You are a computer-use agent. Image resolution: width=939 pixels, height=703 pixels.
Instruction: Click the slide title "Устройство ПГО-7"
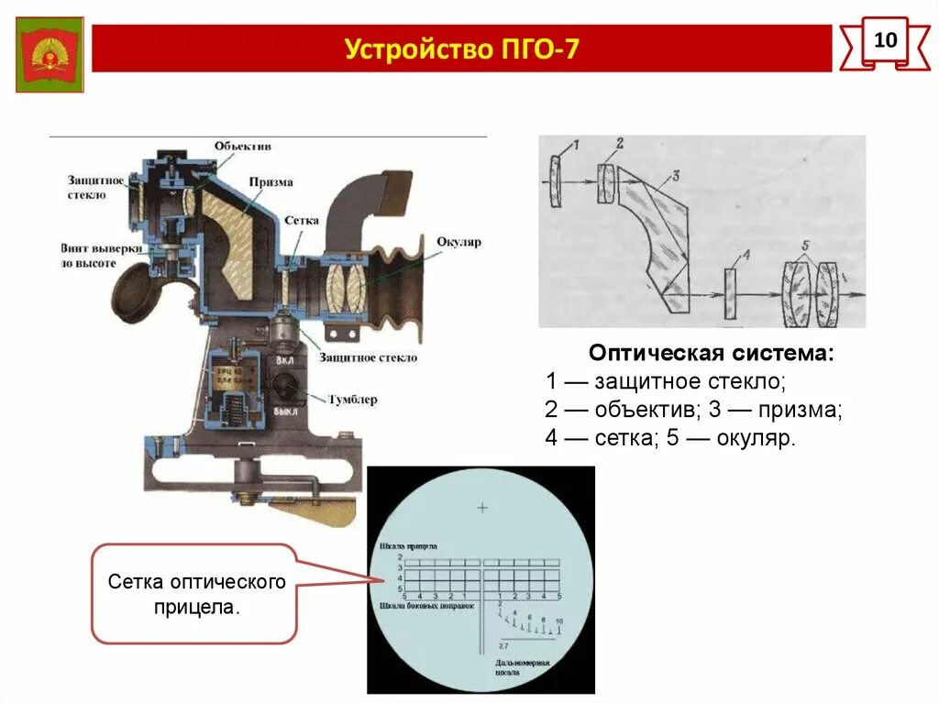(x=462, y=49)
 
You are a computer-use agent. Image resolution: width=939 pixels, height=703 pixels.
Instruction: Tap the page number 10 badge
(x=885, y=42)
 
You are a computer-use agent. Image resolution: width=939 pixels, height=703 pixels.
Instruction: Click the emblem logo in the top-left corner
(x=50, y=55)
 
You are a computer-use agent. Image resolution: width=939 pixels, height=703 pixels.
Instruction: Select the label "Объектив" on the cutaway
(x=243, y=146)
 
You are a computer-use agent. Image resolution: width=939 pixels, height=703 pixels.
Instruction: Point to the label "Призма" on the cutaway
(x=271, y=181)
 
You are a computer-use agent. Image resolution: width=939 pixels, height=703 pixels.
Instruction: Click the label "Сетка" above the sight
(x=301, y=221)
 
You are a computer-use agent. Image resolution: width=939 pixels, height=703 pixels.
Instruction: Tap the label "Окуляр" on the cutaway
(x=458, y=242)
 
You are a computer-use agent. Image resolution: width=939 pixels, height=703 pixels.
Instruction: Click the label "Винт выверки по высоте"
(x=89, y=255)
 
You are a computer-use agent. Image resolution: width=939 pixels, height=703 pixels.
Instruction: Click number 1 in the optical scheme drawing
(x=576, y=144)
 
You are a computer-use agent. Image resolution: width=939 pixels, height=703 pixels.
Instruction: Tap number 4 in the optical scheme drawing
(x=746, y=256)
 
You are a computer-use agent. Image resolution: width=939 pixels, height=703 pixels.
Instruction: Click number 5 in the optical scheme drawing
(x=803, y=247)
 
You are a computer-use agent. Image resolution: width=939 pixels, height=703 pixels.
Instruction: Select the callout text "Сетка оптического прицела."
(x=196, y=594)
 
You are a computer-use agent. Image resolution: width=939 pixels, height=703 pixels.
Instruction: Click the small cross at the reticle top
(x=482, y=507)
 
